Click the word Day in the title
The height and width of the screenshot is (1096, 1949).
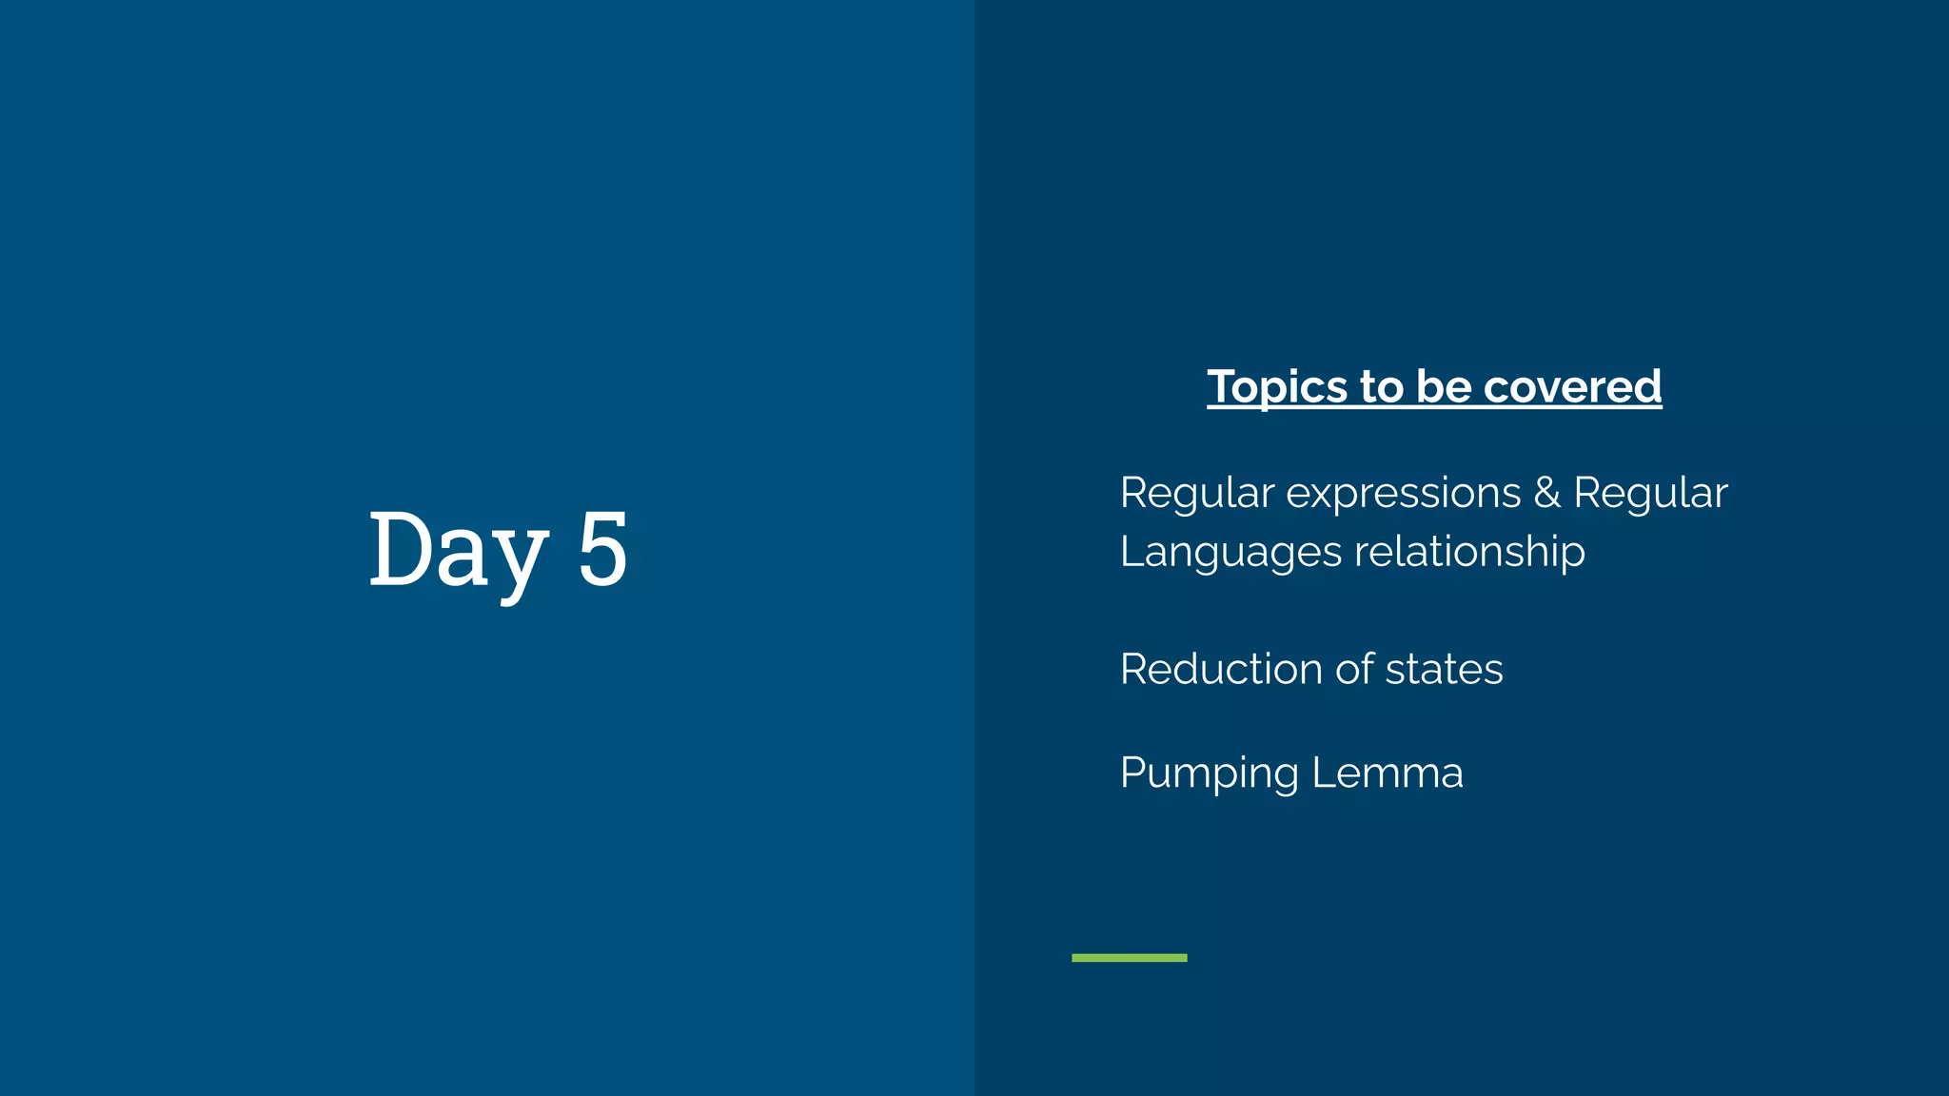click(x=458, y=549)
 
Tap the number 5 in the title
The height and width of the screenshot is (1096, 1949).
click(x=602, y=549)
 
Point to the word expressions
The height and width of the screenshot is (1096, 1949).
click(x=1404, y=494)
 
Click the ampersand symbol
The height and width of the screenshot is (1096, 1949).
click(x=1546, y=494)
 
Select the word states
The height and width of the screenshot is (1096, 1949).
click(x=1444, y=669)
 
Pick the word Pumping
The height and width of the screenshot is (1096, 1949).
click(x=1209, y=773)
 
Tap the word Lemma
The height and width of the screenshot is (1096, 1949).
click(x=1388, y=773)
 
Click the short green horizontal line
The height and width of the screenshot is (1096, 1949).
click(x=1129, y=957)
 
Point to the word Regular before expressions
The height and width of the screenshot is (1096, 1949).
click(x=1196, y=494)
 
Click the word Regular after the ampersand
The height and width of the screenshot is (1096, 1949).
click(x=1650, y=494)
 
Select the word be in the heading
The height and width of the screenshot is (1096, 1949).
click(x=1444, y=387)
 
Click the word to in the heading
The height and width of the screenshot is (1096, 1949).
click(x=1382, y=387)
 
